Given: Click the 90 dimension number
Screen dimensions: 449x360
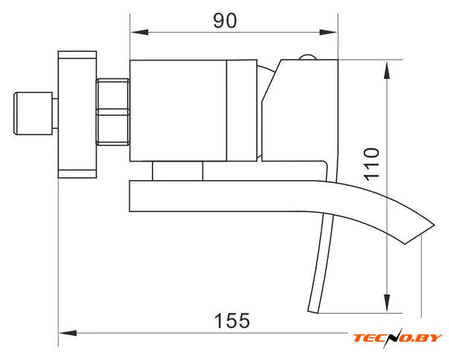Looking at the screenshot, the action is point(225,20).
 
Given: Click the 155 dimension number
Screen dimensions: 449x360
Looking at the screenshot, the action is point(232,320).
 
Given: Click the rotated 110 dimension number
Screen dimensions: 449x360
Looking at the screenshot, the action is point(371,164).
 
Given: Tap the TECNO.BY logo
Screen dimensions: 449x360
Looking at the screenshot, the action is point(398,338).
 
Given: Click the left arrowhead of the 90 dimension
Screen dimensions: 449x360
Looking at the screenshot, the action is point(140,32).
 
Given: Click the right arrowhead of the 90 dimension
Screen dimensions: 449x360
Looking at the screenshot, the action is point(328,32).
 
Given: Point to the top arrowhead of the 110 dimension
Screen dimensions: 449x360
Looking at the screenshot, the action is point(387,70).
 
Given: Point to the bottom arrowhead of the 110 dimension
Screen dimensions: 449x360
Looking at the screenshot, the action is point(387,303).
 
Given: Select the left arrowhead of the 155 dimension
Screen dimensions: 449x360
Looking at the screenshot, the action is point(68,333).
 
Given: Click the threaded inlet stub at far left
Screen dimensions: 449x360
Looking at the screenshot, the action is point(33,113).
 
